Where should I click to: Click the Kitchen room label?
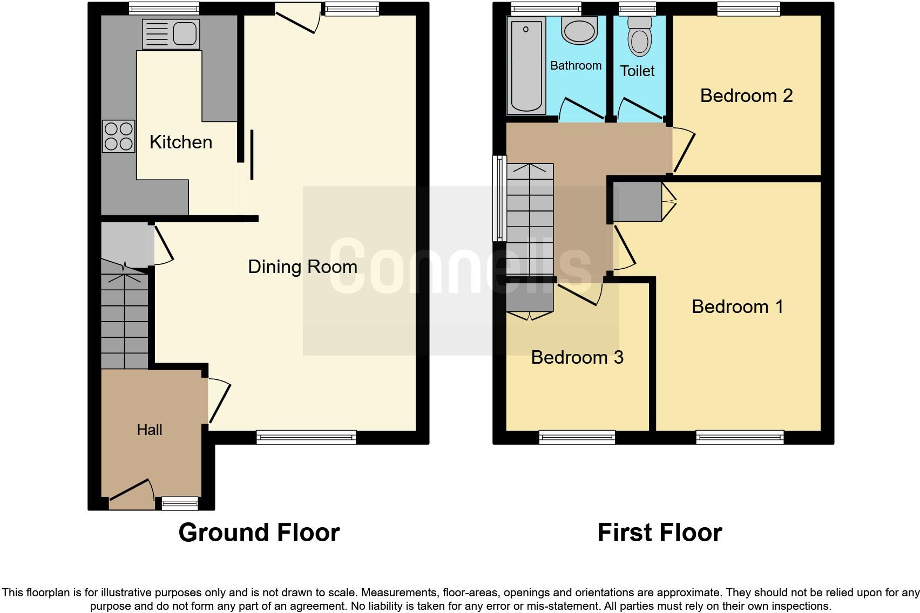click(x=180, y=142)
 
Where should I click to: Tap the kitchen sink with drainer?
click(x=171, y=33)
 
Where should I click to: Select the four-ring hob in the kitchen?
click(x=118, y=136)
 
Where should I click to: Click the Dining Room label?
click(x=302, y=267)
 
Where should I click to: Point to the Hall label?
click(x=149, y=430)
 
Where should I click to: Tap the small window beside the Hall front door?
click(x=180, y=503)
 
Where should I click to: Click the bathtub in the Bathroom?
click(x=525, y=65)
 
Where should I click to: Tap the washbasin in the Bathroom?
click(x=579, y=30)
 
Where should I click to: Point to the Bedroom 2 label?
click(x=746, y=96)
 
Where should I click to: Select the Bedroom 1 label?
click(x=737, y=306)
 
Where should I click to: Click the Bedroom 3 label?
click(x=577, y=357)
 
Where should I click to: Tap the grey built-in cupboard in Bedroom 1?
click(x=638, y=202)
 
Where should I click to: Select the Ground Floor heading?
click(x=259, y=533)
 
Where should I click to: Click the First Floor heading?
click(x=659, y=533)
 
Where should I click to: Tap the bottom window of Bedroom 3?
click(x=577, y=437)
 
